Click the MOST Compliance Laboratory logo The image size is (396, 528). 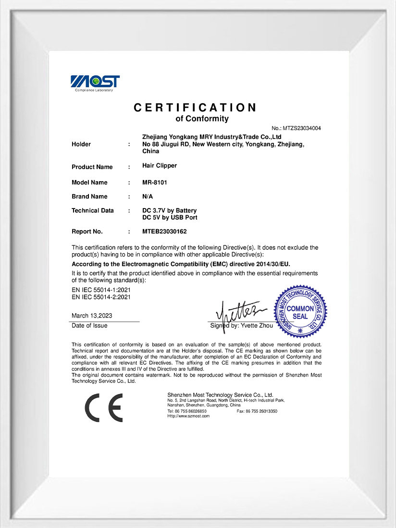[95, 83]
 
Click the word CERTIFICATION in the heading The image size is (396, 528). [195, 108]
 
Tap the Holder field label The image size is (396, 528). [81, 144]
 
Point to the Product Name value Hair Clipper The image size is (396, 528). [160, 165]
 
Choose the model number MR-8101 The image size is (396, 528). [155, 183]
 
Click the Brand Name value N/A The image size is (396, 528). [148, 196]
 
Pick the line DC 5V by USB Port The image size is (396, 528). [170, 217]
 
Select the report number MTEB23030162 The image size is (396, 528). [164, 232]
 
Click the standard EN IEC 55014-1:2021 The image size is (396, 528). [101, 290]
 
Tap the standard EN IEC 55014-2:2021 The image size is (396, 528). [101, 297]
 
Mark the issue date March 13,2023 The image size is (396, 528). [92, 316]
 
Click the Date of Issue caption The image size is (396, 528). [89, 326]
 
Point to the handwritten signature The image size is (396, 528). [238, 311]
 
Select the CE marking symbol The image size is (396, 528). [104, 407]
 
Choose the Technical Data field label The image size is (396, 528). [93, 210]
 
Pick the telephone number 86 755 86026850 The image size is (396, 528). [190, 411]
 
